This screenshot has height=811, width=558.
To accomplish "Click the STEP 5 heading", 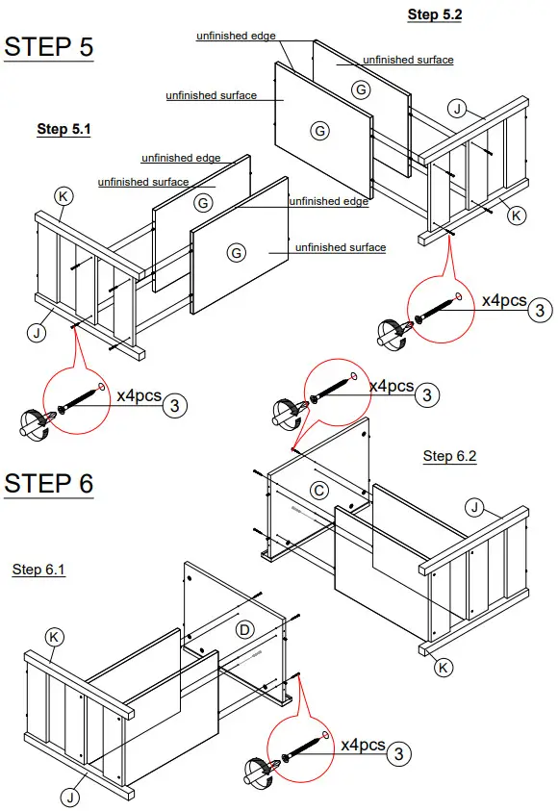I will (49, 47).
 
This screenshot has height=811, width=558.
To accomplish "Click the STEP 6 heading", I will (49, 483).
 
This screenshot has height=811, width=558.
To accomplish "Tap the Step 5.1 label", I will (63, 129).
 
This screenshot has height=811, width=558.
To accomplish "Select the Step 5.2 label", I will (435, 14).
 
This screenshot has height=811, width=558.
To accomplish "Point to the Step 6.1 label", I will (39, 570).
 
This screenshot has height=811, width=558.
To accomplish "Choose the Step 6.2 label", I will (450, 456).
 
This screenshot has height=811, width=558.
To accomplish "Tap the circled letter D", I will (245, 630).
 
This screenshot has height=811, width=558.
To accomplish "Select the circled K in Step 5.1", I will (63, 196).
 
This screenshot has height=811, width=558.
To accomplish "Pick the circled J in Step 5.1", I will (36, 333).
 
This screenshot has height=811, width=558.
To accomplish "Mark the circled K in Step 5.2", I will (517, 215).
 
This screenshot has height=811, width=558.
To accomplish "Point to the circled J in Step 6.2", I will (474, 506).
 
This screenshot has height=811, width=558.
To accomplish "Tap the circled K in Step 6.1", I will (55, 636).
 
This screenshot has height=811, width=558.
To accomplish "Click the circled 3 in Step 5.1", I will (174, 405).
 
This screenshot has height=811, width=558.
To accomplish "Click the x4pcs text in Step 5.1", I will (139, 395).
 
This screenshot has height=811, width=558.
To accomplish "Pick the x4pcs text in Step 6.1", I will (363, 745).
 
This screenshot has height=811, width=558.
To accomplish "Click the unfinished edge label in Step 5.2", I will (236, 36).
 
